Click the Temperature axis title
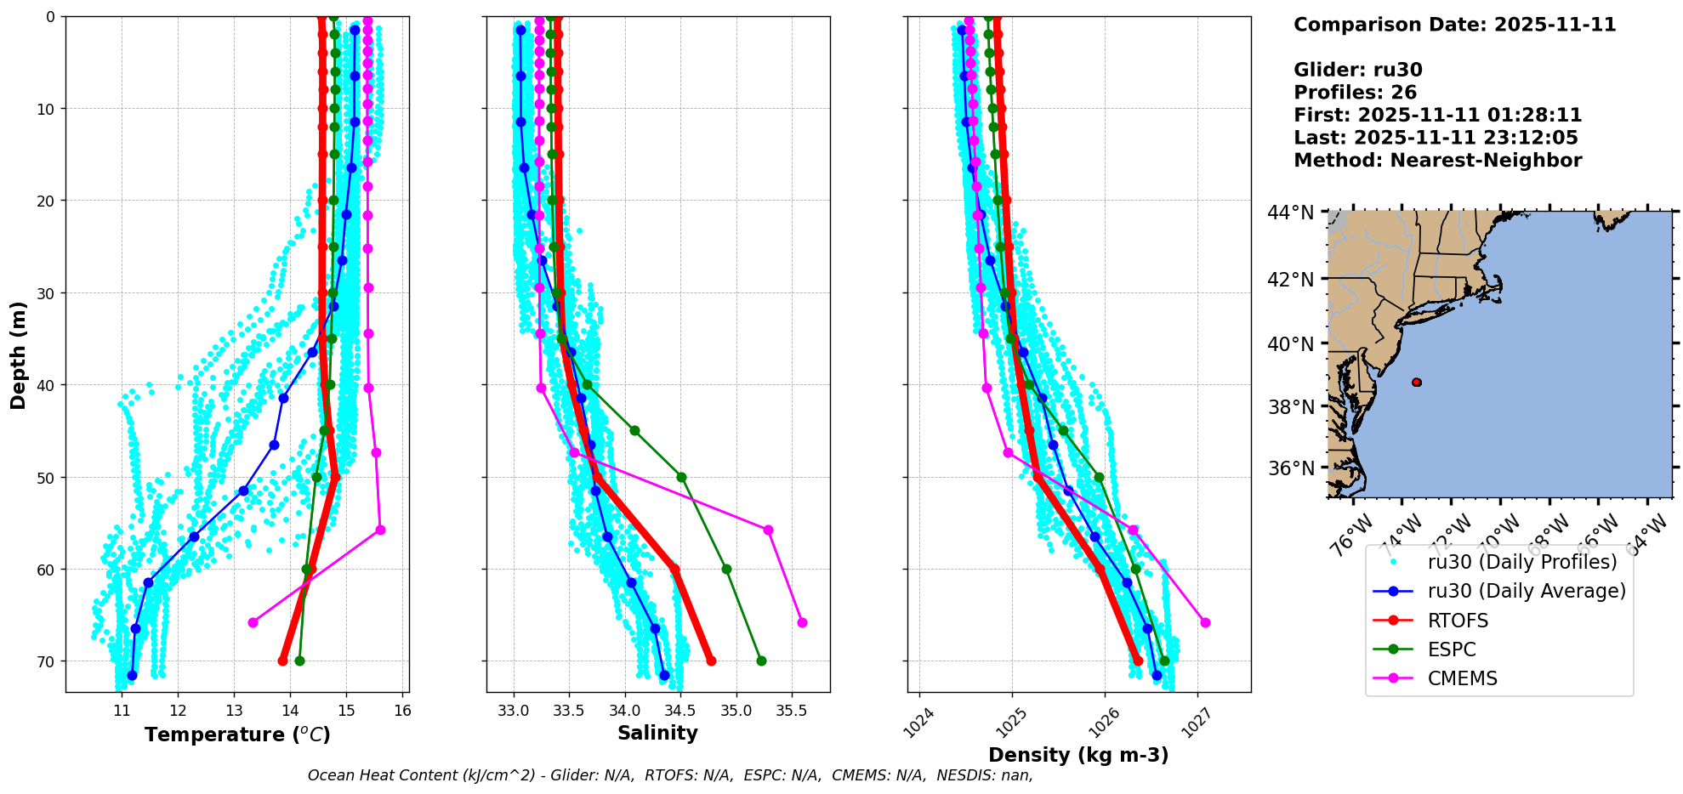coord(237,734)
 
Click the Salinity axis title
coord(657,733)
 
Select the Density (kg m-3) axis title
coord(1078,755)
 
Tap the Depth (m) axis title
coord(19,354)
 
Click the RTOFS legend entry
coord(1458,621)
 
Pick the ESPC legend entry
coord(1452,649)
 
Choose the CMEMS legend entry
coord(1462,678)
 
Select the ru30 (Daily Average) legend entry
coord(1526,591)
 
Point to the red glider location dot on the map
coord(1416,383)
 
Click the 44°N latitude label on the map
coord(1290,213)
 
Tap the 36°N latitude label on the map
coord(1290,468)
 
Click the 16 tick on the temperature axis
coord(402,711)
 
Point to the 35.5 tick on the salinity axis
coord(791,711)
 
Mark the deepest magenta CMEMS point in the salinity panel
coord(802,622)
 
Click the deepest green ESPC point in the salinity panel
coord(761,661)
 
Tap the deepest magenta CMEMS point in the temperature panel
coord(253,622)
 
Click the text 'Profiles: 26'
coord(1355,93)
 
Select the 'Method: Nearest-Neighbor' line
coord(1437,161)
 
